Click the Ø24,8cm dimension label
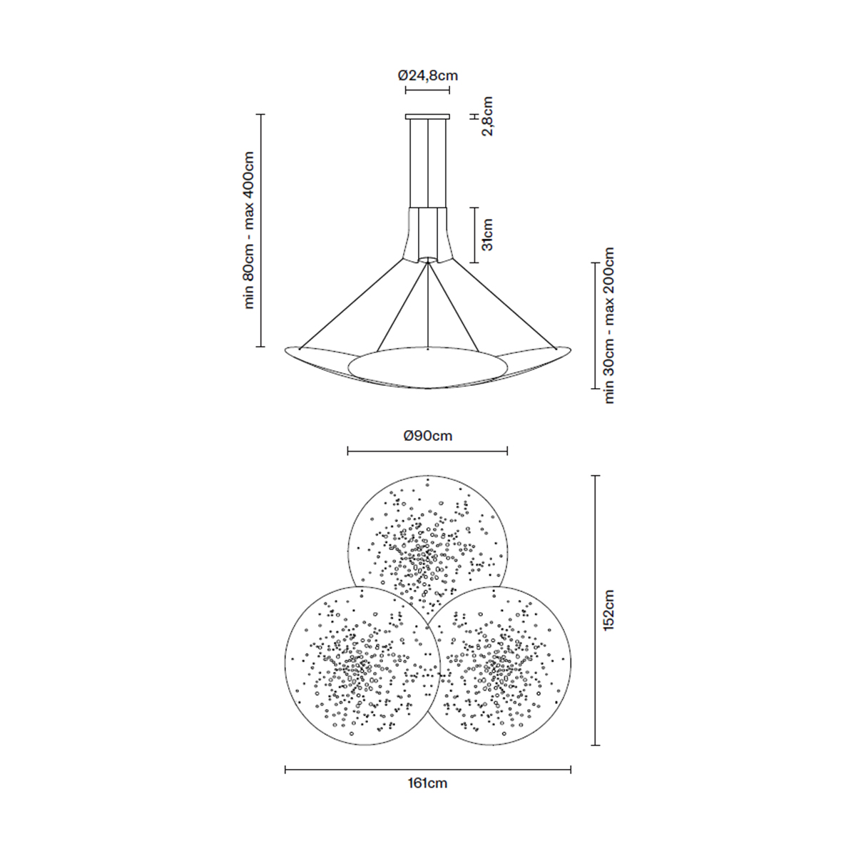tap(427, 76)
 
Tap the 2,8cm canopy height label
tap(488, 116)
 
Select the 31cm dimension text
tap(488, 235)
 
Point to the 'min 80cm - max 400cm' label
tap(249, 230)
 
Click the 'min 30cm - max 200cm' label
tap(608, 325)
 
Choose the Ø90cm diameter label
tap(428, 436)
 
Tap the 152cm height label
tap(608, 610)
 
